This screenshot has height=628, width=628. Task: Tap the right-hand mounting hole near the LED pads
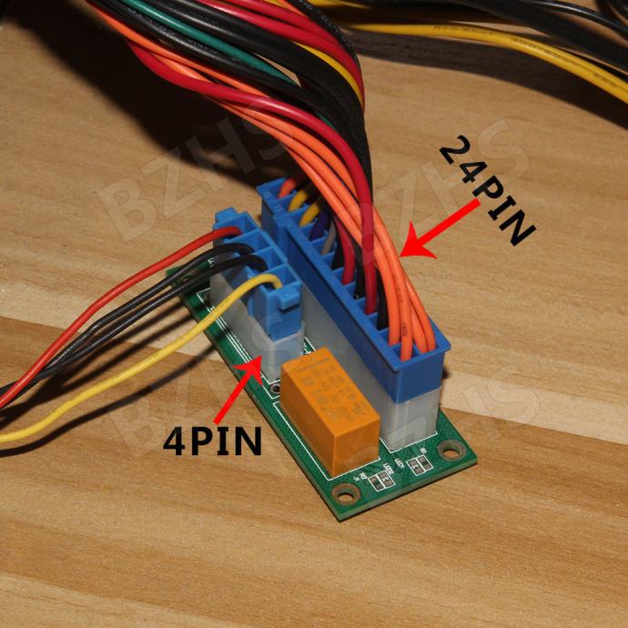[449, 449]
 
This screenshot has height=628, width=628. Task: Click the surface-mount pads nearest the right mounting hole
[420, 465]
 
